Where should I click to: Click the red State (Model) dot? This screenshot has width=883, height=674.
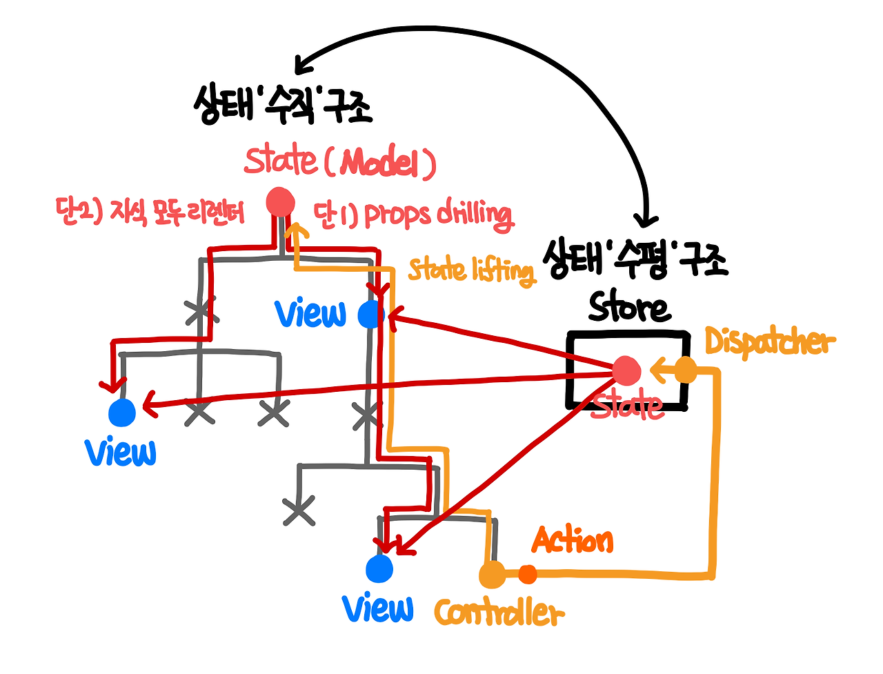pyautogui.click(x=280, y=203)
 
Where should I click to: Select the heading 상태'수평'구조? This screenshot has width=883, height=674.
pyautogui.click(x=635, y=259)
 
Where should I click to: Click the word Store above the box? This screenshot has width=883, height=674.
pyautogui.click(x=629, y=308)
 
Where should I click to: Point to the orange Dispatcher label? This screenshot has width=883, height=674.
pyautogui.click(x=769, y=342)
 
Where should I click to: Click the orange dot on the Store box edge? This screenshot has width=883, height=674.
pyautogui.click(x=685, y=370)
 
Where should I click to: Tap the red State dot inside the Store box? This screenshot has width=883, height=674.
pyautogui.click(x=626, y=371)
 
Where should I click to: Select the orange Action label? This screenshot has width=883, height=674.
pyautogui.click(x=573, y=540)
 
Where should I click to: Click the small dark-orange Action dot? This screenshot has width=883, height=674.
pyautogui.click(x=528, y=573)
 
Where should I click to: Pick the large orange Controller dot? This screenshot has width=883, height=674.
pyautogui.click(x=492, y=575)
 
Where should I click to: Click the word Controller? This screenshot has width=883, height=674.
pyautogui.click(x=499, y=613)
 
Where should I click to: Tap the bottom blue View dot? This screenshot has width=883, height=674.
pyautogui.click(x=379, y=569)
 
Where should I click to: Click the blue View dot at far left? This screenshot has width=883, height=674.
pyautogui.click(x=122, y=413)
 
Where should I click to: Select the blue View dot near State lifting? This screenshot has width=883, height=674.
pyautogui.click(x=371, y=315)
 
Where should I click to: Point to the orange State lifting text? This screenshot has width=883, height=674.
pyautogui.click(x=471, y=270)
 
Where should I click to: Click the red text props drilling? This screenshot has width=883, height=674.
pyautogui.click(x=414, y=215)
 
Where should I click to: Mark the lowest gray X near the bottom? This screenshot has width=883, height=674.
pyautogui.click(x=299, y=511)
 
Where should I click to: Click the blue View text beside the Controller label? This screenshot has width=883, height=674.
pyautogui.click(x=378, y=608)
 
